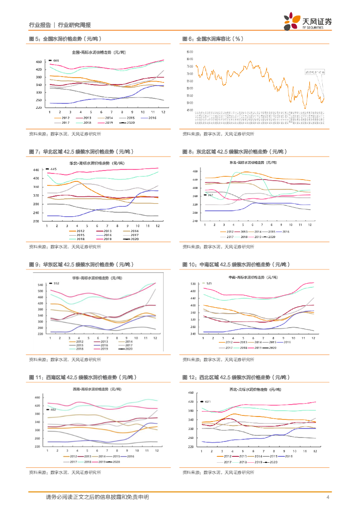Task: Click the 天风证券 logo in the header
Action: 308,20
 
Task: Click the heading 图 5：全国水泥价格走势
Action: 64,38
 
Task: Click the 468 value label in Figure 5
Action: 56,61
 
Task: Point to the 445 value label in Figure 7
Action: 54,170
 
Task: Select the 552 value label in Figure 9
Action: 56,283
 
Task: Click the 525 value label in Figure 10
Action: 209,283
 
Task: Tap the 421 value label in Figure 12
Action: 208,401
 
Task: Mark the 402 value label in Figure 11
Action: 53,410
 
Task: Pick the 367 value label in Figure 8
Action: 196,195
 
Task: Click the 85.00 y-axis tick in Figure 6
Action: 189,52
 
